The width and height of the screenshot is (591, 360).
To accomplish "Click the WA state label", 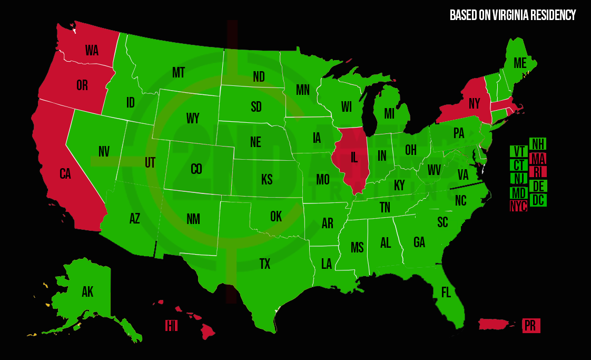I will point(92,51).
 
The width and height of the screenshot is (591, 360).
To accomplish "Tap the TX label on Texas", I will point(264,264).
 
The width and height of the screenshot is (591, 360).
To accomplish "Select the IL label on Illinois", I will point(353,157).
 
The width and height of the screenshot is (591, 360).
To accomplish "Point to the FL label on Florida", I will point(446,293).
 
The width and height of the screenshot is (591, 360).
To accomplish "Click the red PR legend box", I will point(530,326).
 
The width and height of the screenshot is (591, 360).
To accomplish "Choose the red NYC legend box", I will point(518,207).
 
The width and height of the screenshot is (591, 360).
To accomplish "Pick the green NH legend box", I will point(538,144).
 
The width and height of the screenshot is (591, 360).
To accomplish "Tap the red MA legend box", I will point(538,158).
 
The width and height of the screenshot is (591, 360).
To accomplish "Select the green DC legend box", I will point(538,200).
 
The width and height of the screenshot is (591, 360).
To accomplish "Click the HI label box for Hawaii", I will point(171,326).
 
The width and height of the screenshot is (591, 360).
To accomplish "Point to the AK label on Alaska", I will point(87,292).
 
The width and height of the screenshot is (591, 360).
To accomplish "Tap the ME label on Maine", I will point(520,63).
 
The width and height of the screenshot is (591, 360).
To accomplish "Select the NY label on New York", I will point(474,104).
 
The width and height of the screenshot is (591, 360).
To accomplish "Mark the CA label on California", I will point(65,174).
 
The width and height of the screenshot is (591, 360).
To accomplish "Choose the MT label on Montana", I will point(178,72).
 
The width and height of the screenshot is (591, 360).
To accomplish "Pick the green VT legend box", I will point(518,151).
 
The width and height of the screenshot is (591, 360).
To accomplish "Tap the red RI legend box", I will point(538,172).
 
